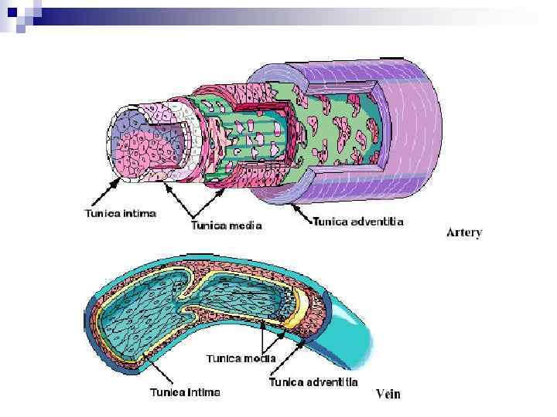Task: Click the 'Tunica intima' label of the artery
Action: coord(120,213)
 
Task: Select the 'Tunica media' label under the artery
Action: coord(226,225)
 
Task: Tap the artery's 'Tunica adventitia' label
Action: coord(357,222)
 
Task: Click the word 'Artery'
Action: coord(464,232)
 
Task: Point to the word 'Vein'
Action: coord(388,395)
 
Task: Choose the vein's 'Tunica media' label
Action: coord(241,358)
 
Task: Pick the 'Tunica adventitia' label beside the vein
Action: coord(313,381)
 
